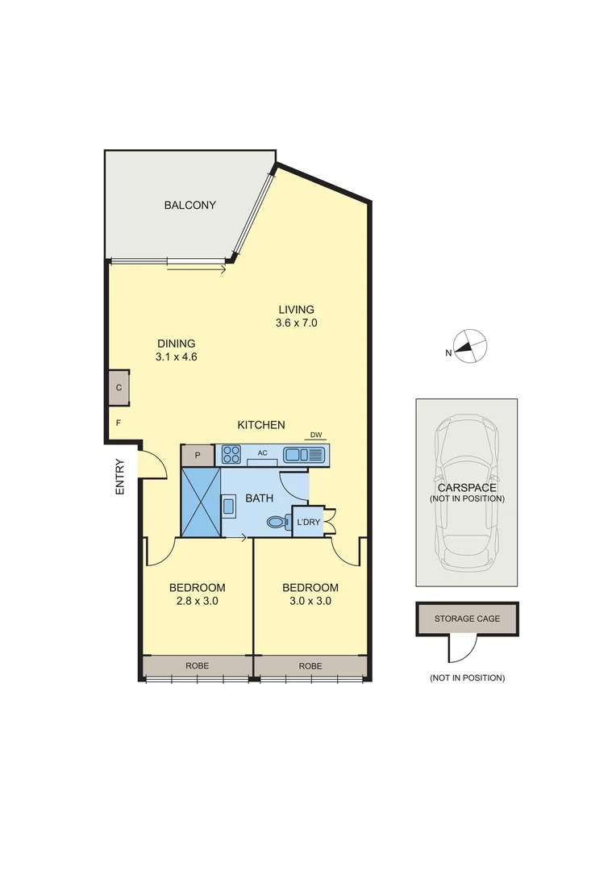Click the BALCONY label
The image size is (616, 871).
189,205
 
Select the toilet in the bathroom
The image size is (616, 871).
277,523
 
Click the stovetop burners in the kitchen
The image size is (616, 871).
231,455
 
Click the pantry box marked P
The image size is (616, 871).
197,456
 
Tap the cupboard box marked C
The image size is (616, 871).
119,388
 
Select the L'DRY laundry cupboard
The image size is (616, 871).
307,522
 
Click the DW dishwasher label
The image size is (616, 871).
316,435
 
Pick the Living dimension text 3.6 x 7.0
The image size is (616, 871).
296,323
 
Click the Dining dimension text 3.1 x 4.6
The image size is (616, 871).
176,356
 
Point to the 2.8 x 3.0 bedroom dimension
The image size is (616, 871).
197,601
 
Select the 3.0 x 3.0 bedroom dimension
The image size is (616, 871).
310,601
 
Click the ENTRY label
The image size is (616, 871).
120,476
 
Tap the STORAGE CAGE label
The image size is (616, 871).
467,619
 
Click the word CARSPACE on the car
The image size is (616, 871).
467,488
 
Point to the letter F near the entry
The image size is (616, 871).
118,423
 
